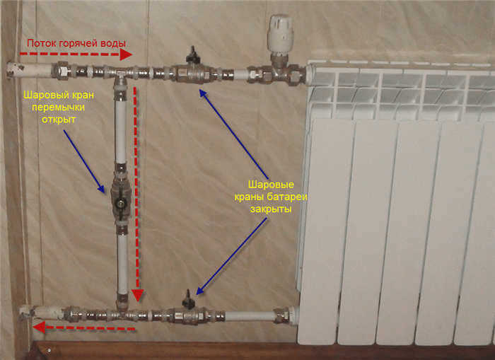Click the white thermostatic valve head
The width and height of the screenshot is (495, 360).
(x=280, y=33)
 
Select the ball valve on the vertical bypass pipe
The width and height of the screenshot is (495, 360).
(x=121, y=199)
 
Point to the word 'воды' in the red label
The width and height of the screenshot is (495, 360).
(x=113, y=43)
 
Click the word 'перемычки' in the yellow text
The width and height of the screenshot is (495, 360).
(x=59, y=108)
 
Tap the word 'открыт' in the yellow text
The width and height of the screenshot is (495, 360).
(x=59, y=120)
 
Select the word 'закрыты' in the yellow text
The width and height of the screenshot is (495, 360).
(x=271, y=209)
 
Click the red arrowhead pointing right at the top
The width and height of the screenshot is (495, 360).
(x=126, y=54)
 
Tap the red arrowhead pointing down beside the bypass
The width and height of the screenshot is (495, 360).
(x=138, y=296)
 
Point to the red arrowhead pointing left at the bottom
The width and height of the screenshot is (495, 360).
(x=39, y=327)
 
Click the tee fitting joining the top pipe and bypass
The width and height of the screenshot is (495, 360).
(x=120, y=74)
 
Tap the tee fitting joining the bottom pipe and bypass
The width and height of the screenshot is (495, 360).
(x=122, y=311)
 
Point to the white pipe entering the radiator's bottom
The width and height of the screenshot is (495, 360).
(x=250, y=315)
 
